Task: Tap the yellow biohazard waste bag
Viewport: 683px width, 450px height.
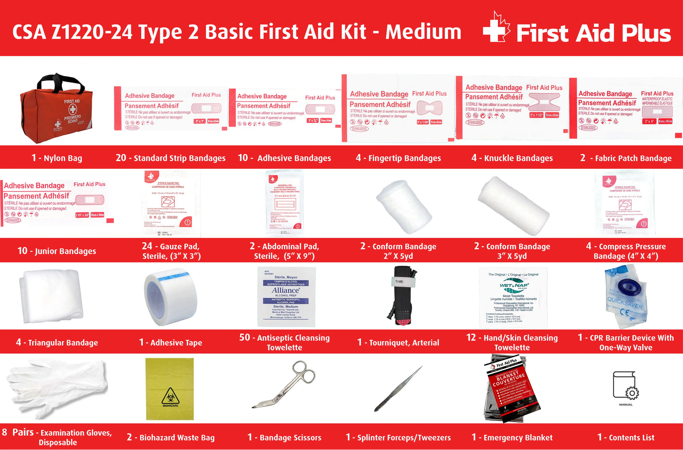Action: (x=170, y=389)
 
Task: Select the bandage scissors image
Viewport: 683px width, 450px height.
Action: (x=284, y=385)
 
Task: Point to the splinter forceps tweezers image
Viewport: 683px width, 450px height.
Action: (x=398, y=389)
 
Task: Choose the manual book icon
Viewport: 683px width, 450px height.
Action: (x=625, y=385)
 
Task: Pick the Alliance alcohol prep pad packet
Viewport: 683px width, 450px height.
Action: (x=286, y=297)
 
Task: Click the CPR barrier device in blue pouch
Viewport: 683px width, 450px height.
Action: (x=626, y=297)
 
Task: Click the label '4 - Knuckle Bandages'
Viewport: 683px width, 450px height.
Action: (x=512, y=158)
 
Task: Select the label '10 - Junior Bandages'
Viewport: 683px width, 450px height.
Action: (x=57, y=251)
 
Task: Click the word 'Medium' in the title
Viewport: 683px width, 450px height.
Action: (x=423, y=32)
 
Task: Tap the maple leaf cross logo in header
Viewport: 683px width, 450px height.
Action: (x=496, y=28)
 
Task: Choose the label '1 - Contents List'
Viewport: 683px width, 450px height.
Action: (x=626, y=438)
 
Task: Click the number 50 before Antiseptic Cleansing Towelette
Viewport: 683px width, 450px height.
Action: (x=244, y=337)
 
